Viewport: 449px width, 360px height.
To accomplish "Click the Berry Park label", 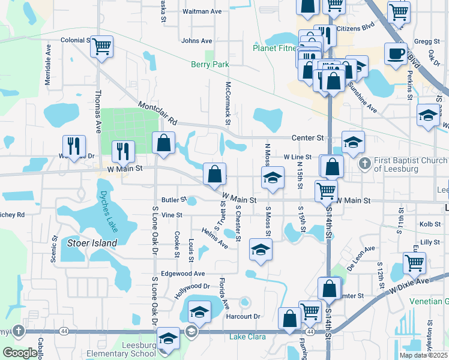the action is click(210, 64).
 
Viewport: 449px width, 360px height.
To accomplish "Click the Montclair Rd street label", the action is click(158, 112).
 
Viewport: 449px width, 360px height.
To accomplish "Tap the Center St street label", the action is click(307, 138).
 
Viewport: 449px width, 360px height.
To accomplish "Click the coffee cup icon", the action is click(396, 54).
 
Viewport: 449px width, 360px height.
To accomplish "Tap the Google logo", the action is click(20, 353).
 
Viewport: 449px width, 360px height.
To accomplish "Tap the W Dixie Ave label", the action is click(409, 284).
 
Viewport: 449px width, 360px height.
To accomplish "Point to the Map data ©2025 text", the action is click(424, 355).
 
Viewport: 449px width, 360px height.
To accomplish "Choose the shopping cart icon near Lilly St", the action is click(414, 262).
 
